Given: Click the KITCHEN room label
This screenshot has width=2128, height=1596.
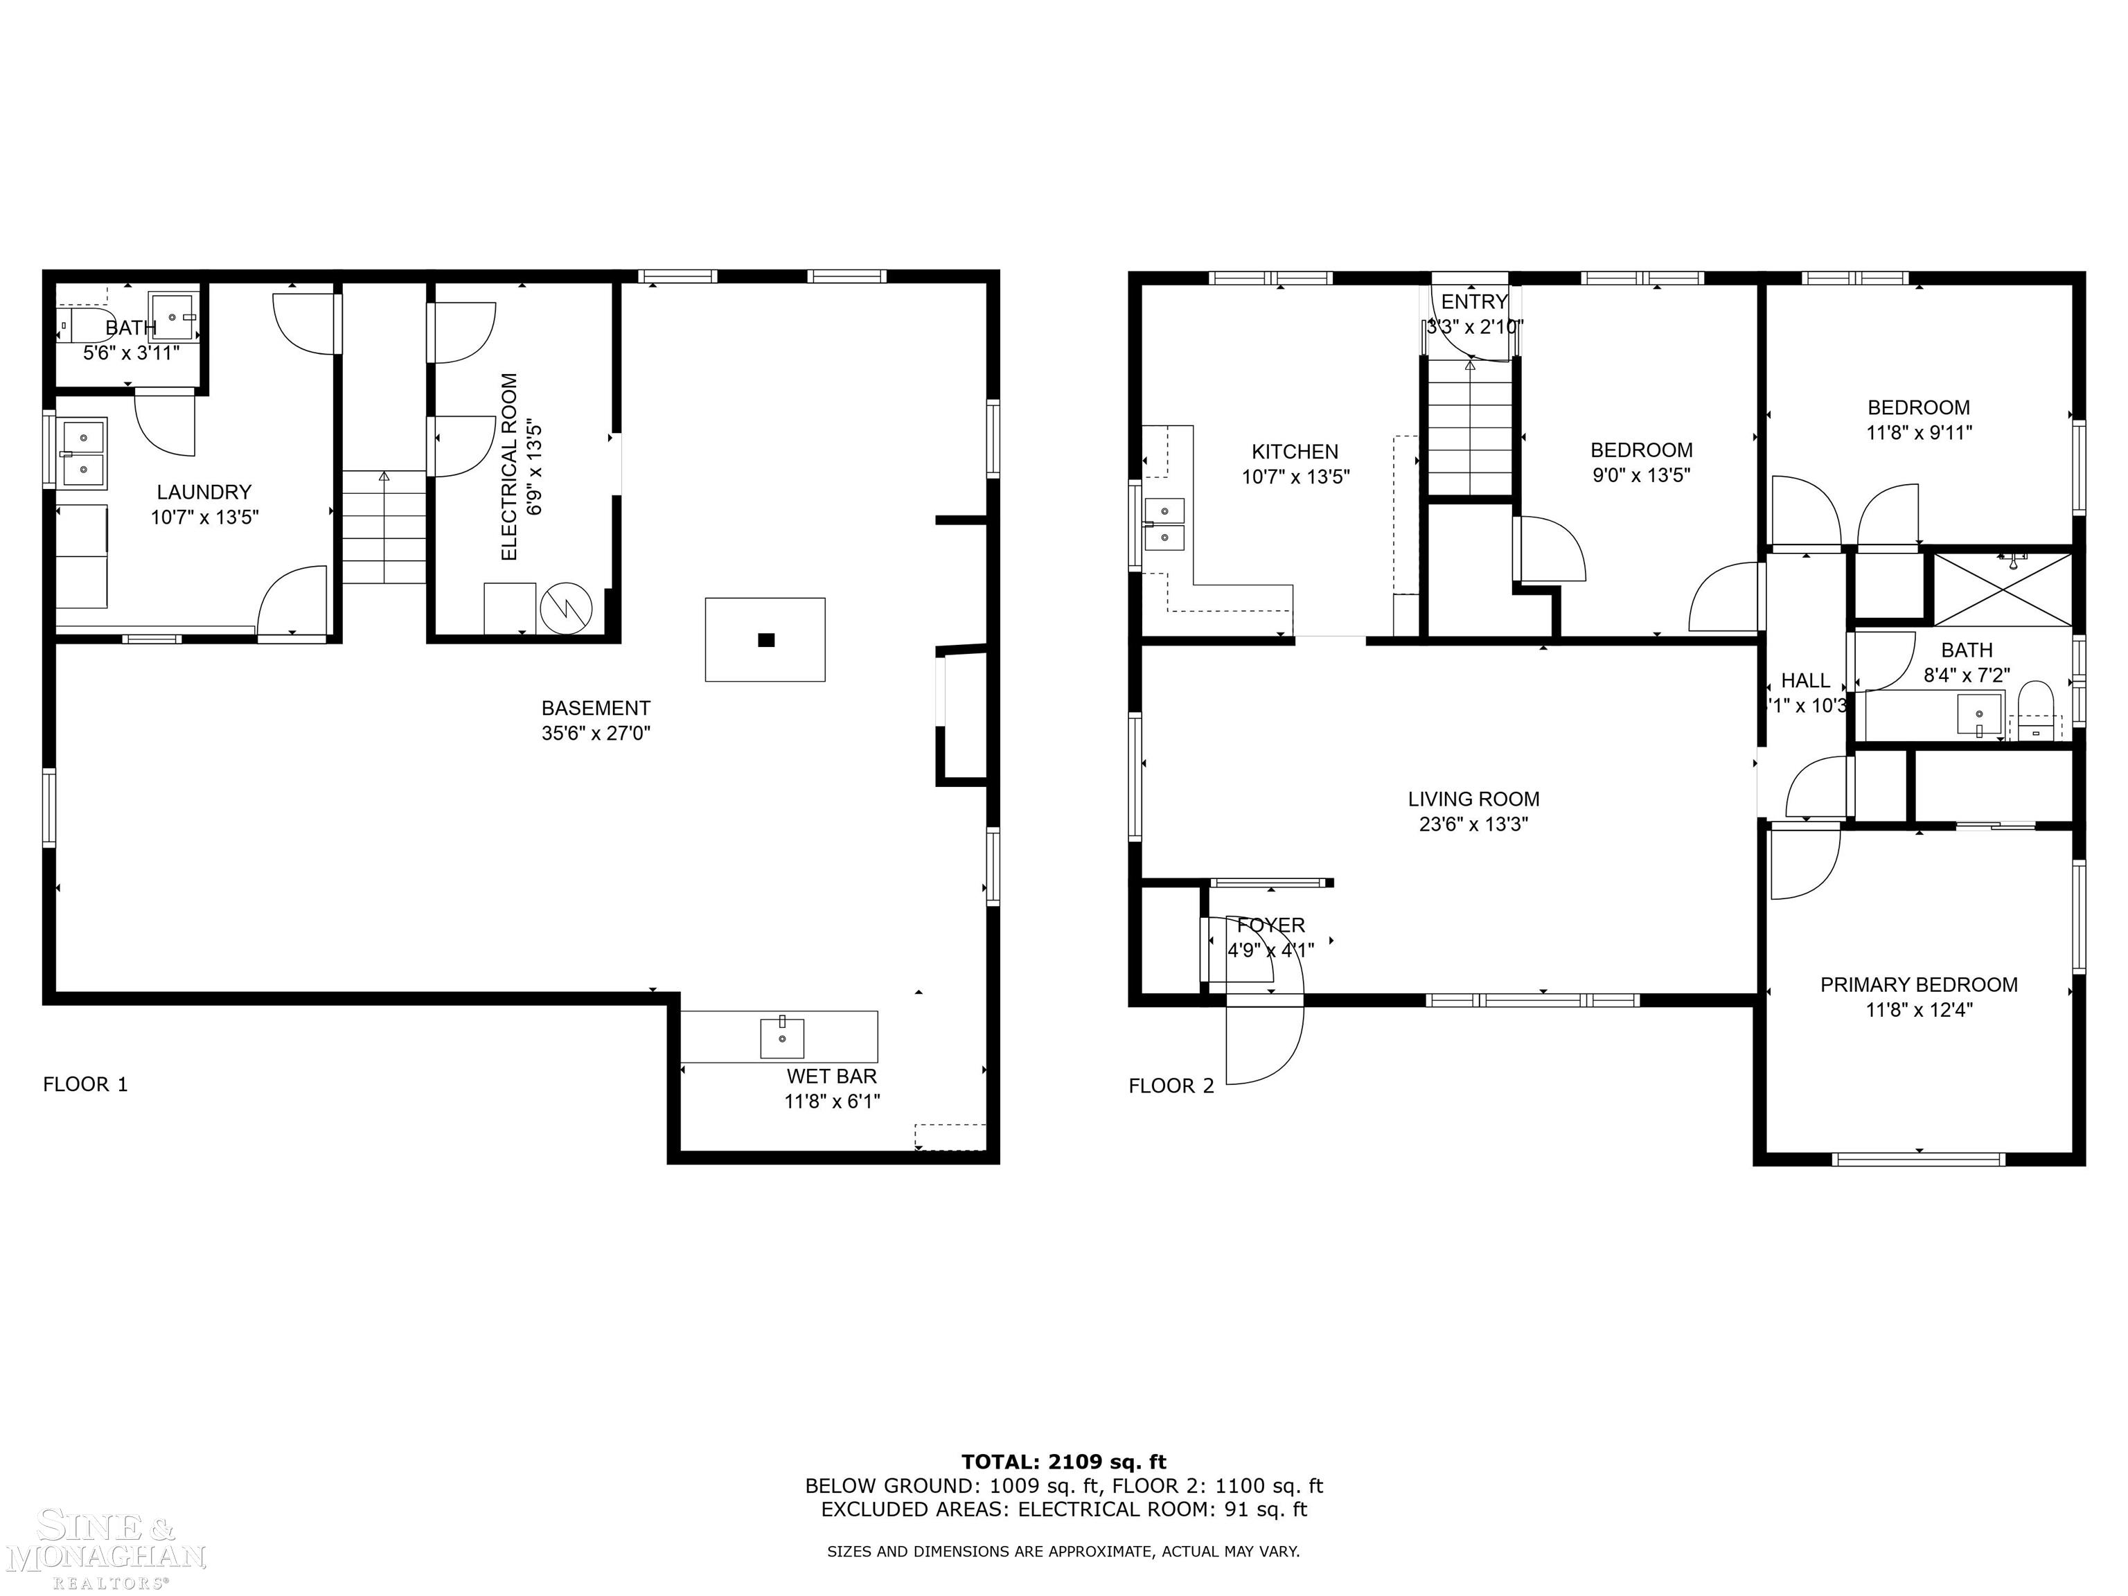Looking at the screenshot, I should tap(1294, 451).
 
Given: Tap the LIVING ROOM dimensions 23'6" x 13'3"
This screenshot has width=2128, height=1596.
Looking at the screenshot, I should tap(1473, 824).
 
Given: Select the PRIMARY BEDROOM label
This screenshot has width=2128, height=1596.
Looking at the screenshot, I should tap(1918, 984).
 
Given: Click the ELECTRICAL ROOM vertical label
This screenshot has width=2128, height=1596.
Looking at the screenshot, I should tap(510, 467).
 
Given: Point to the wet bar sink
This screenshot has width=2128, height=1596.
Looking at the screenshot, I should tap(782, 1037).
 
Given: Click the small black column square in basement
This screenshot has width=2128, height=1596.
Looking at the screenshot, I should tap(765, 640).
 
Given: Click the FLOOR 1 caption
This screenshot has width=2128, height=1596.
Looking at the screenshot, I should tap(85, 1084).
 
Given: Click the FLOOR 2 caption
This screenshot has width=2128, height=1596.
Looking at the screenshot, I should tap(1171, 1086).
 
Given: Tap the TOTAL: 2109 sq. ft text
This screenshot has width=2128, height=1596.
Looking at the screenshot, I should tap(1063, 1462).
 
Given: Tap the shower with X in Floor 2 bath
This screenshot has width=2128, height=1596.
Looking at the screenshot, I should tap(2003, 589).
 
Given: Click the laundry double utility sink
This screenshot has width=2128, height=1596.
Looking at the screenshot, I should tap(82, 454).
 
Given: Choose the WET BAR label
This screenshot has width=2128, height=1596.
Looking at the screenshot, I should tap(831, 1076).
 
